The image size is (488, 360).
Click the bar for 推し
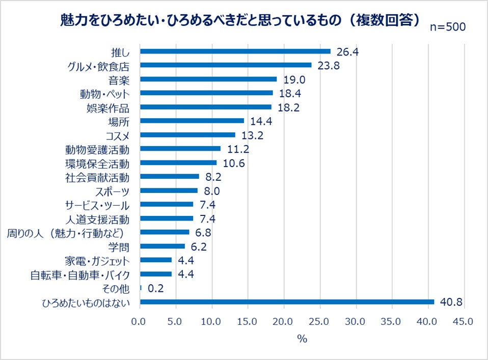pyautogui.click(x=235, y=51)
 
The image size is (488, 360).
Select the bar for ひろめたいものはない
pyautogui.click(x=287, y=302)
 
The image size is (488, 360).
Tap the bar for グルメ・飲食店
pyautogui.click(x=225, y=65)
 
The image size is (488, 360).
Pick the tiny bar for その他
pyautogui.click(x=141, y=288)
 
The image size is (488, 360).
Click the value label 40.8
pyautogui.click(x=451, y=302)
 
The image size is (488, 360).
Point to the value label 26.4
pyautogui.click(x=347, y=51)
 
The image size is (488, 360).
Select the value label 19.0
pyautogui.click(x=294, y=79)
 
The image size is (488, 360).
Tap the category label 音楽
pyautogui.click(x=120, y=79)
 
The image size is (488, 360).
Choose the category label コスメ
pyautogui.click(x=117, y=135)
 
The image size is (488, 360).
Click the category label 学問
pyautogui.click(x=120, y=246)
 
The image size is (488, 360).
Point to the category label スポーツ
pyautogui.click(x=112, y=191)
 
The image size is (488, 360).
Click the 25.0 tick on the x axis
pyautogui.click(x=320, y=322)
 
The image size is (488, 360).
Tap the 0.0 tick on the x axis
pyautogui.click(x=139, y=322)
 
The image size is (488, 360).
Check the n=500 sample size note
pyautogui.click(x=447, y=27)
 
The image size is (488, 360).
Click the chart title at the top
pyautogui.click(x=239, y=19)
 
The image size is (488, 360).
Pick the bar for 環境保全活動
pyautogui.click(x=178, y=163)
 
